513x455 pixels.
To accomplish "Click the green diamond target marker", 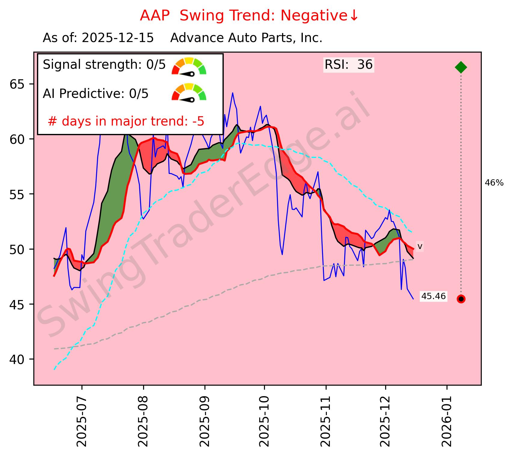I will pos(461,67).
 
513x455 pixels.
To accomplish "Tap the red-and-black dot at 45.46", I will pos(461,299).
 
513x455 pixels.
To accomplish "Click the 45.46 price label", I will pos(433,296).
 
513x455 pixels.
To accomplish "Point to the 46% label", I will pos(494,183).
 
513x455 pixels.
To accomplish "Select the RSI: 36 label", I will pos(349,65).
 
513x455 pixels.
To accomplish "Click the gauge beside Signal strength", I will pos(189,67).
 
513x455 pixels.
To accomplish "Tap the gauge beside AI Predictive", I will pos(189,93).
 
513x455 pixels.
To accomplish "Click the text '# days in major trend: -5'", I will pos(126,121).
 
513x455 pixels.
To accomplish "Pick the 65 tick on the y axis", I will pos(17,84).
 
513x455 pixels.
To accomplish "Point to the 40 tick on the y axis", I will pos(17,359).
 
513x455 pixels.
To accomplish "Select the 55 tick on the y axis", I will pos(17,194).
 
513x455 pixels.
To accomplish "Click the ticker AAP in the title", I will pos(155,16).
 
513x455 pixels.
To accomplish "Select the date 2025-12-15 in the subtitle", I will pos(118,38).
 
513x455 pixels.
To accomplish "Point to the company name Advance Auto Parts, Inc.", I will pos(246,38).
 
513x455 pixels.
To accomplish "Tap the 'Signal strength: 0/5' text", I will pos(104,65).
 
